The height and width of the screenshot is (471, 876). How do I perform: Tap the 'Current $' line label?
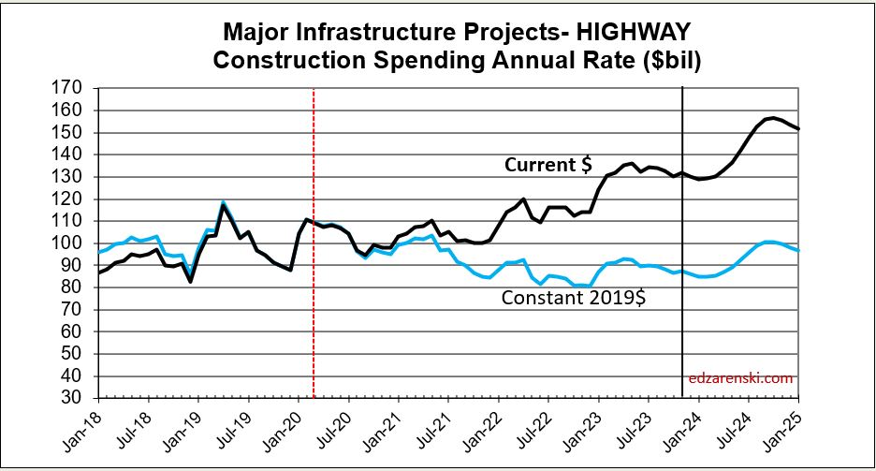click(547, 165)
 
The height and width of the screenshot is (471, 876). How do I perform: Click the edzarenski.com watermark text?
click(739, 378)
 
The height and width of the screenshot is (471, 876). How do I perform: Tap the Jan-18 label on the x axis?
click(92, 431)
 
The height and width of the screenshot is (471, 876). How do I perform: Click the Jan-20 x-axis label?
click(291, 431)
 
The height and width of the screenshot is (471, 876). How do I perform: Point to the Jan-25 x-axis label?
click(791, 431)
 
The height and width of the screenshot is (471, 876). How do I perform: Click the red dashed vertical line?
click(314, 281)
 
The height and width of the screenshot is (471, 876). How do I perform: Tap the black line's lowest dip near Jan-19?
click(191, 281)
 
